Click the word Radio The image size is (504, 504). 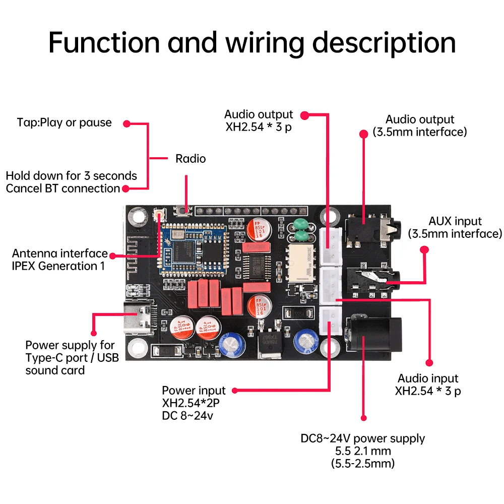pos(191,159)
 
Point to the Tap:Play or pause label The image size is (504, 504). pos(64,122)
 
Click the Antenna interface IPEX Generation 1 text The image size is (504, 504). pos(59,260)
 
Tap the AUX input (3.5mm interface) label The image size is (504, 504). pos(455,227)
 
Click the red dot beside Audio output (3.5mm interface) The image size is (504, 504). pos(364,134)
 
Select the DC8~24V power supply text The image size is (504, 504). pos(363,438)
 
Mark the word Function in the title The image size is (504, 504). pos(104,42)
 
